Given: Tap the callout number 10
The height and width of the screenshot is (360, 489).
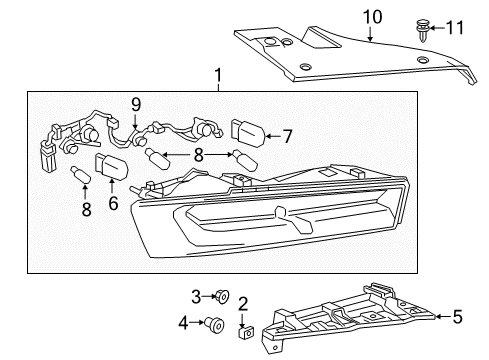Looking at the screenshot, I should point(372,16).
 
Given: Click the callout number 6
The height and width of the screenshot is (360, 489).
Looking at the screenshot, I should point(111,203).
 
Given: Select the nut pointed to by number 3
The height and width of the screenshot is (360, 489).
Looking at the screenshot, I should point(224,295).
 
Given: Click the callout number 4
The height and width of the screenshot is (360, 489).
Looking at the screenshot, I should point(182,322).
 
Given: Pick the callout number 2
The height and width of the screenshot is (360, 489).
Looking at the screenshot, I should point(243,303).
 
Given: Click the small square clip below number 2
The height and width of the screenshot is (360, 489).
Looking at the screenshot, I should point(243,325).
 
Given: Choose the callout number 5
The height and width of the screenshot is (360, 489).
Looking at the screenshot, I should point(457,317).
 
